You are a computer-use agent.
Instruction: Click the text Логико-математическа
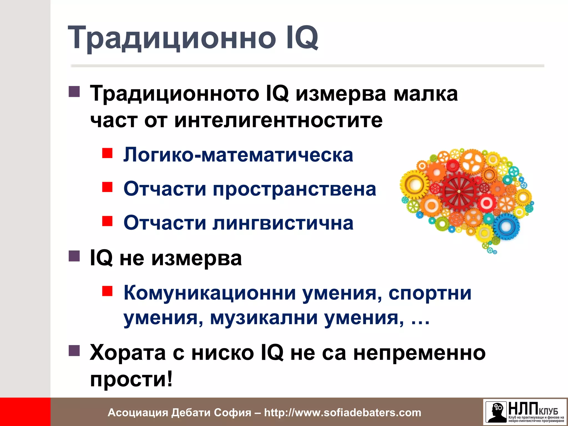coord(238,155)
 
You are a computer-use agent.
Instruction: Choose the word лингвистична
coord(283,223)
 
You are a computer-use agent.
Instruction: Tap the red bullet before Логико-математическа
coord(107,153)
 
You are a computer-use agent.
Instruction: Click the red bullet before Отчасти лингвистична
coord(107,221)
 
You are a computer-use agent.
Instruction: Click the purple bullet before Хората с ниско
coord(74,351)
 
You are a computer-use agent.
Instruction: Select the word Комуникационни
coord(210,293)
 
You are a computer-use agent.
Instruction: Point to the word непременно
coord(419,353)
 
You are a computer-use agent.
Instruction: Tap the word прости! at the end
coord(131,379)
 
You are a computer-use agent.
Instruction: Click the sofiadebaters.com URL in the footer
coord(343,412)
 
